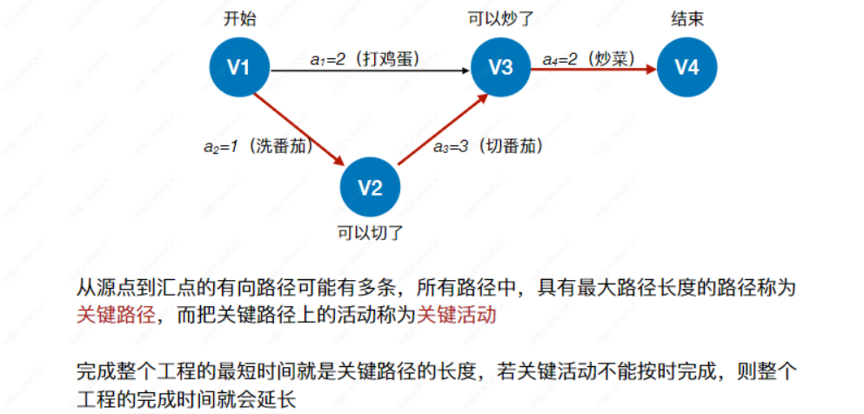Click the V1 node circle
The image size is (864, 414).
click(x=239, y=66)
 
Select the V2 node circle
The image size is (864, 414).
click(x=371, y=187)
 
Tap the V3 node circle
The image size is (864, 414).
click(x=501, y=66)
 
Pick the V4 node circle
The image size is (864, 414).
click(x=687, y=66)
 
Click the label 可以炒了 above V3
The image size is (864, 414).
click(x=501, y=18)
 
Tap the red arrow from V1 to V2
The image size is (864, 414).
click(x=300, y=130)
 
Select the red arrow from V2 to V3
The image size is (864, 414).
click(x=440, y=130)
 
